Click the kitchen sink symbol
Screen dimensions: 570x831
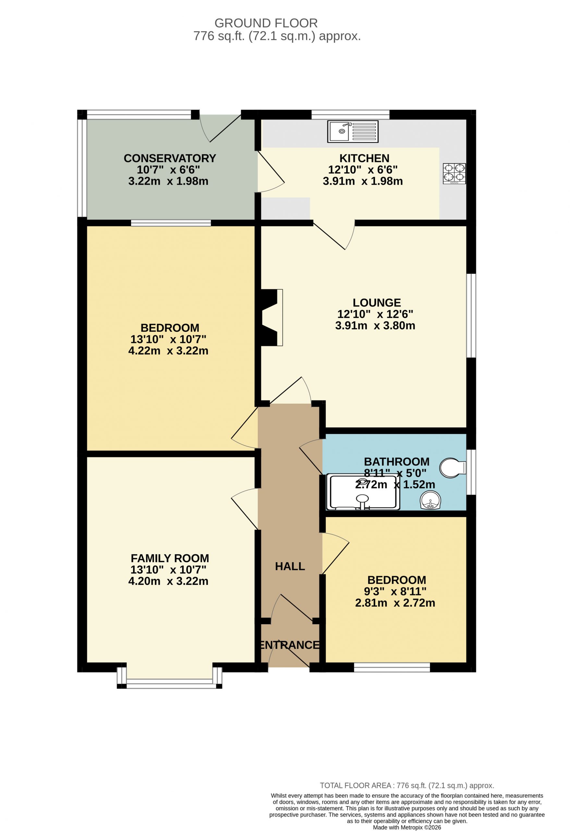click(x=353, y=131)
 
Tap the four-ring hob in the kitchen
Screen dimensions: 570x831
click(x=454, y=173)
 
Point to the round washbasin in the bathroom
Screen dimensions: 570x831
click(x=430, y=500)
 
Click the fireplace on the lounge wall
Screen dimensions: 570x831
click(x=272, y=317)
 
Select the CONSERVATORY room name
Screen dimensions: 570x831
click(x=170, y=158)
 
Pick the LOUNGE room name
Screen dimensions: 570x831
click(x=377, y=303)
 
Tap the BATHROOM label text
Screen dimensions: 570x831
click(x=397, y=462)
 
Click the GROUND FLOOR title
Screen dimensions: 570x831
click(x=266, y=23)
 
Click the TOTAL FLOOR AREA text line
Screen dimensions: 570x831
click(x=407, y=786)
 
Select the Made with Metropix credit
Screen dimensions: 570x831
click(x=407, y=827)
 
